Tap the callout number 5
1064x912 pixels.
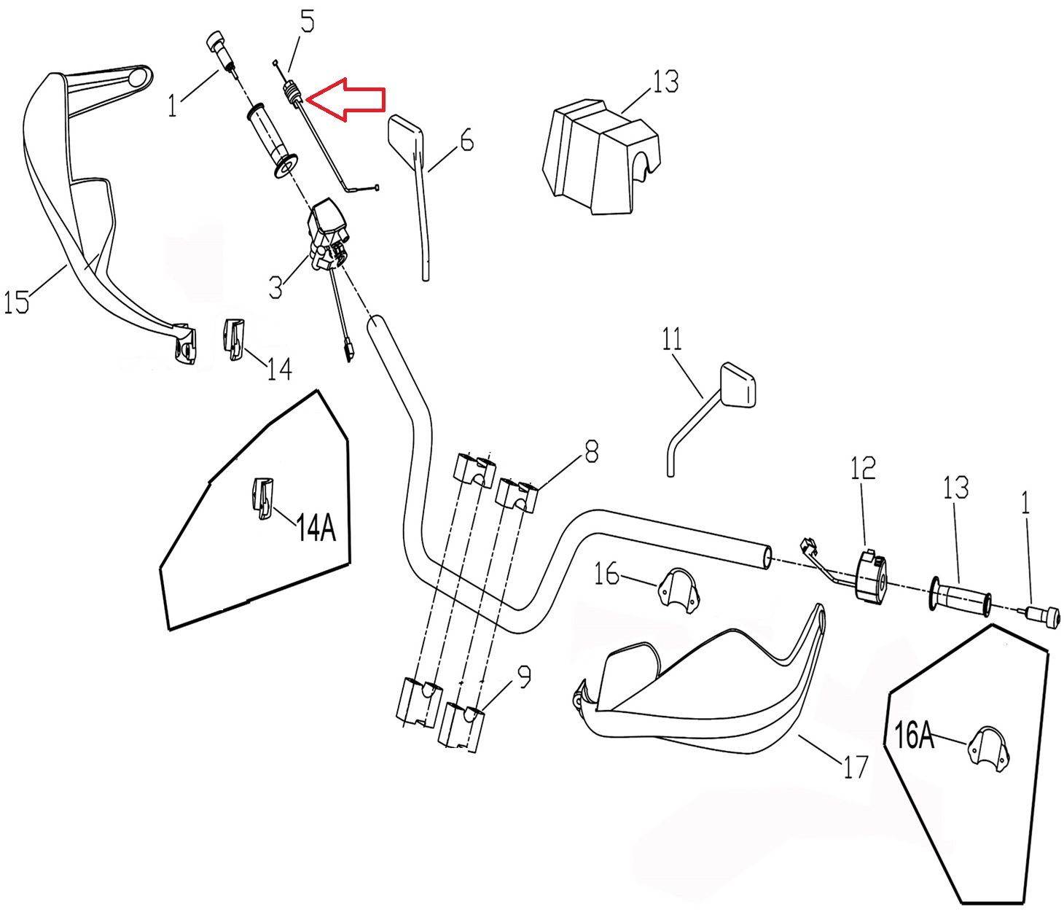[x=308, y=22]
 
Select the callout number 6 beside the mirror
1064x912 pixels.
[x=466, y=140]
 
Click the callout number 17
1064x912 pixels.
[x=856, y=766]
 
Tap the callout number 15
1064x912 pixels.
[x=17, y=301]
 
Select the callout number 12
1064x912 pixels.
[x=863, y=468]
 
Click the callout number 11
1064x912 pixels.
[x=672, y=339]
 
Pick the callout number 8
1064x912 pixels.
[x=591, y=452]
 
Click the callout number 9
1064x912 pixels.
[x=524, y=677]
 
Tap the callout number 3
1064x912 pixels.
[x=275, y=287]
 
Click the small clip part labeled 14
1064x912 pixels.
[x=233, y=339]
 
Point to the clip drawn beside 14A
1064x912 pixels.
[x=263, y=499]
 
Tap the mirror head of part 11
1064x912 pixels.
[x=738, y=384]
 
